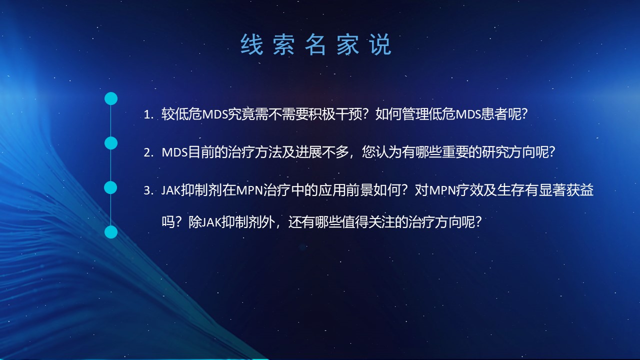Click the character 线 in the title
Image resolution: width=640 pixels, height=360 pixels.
pos(251,44)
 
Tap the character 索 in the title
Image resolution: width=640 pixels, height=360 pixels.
pos(283,44)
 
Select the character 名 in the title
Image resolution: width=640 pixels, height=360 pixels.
pos(315,44)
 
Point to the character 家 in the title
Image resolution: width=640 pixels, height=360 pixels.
pos(347,44)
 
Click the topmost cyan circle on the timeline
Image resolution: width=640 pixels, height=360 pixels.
pos(111,98)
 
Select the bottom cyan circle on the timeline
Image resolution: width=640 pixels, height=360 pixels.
pos(111,232)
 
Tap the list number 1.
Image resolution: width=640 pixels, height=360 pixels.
pos(149,115)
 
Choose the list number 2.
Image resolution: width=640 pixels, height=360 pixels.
pos(149,153)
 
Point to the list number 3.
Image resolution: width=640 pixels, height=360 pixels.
pos(149,190)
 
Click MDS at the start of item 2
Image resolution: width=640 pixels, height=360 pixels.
pos(174,152)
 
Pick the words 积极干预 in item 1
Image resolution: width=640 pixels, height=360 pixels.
pos(335,114)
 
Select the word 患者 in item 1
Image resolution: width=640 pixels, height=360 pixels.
pos(494,114)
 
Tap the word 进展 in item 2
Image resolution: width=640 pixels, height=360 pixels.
pos(308,152)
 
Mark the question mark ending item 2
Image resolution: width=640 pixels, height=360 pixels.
pos(552,152)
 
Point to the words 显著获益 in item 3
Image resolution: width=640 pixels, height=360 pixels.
pos(566,190)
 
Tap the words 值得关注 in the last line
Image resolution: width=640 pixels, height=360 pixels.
pos(368,222)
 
